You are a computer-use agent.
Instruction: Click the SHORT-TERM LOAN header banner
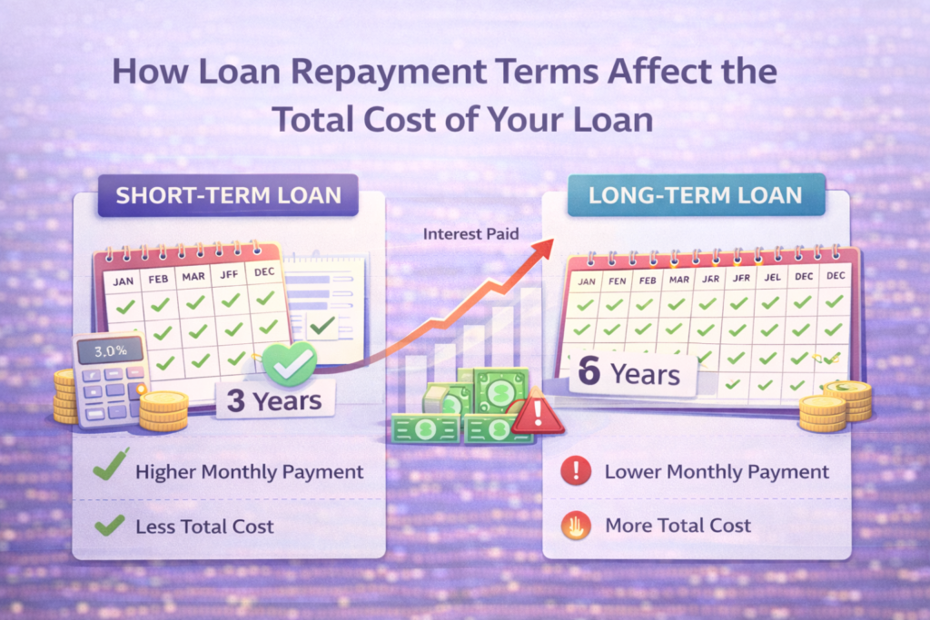(x=229, y=195)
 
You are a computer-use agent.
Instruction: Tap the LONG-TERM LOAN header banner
(x=695, y=195)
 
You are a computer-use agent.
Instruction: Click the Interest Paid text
(x=471, y=234)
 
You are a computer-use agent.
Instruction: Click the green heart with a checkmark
(x=288, y=363)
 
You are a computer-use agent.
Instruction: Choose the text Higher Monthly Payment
(x=249, y=472)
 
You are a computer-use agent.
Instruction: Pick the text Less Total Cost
(x=204, y=526)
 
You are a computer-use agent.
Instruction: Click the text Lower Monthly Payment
(x=717, y=472)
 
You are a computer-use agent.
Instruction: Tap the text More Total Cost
(x=678, y=526)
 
